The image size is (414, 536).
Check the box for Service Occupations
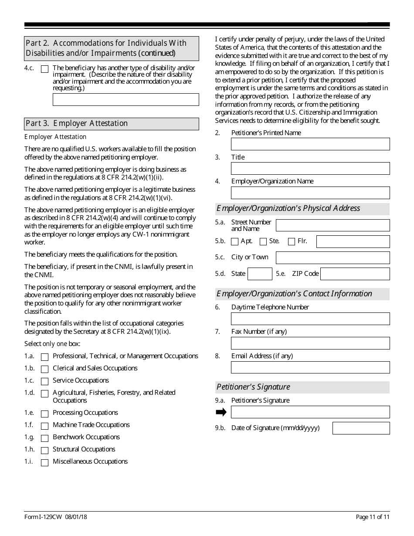tap(44, 381)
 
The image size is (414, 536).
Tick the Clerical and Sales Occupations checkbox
tap(44, 369)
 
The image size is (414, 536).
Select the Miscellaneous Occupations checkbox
tap(44, 463)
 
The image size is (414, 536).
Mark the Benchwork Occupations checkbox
tap(44, 438)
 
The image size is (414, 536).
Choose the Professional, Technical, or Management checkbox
tap(44, 357)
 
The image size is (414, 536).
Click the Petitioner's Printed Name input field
tap(310, 144)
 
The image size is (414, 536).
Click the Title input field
tap(310, 169)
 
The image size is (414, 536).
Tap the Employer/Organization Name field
tap(310, 193)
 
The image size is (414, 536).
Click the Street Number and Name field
tap(333, 225)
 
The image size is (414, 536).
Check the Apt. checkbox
tap(235, 241)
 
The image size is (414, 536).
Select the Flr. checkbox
tap(292, 241)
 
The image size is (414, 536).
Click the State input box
tap(260, 274)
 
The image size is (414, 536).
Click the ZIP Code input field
tap(355, 274)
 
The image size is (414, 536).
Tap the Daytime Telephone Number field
tap(310, 319)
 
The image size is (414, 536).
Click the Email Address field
tap(310, 368)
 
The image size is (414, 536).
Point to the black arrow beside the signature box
tap(221, 412)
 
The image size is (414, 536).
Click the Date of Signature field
tap(361, 428)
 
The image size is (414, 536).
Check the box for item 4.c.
tap(44, 69)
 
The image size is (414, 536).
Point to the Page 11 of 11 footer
tap(373, 517)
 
